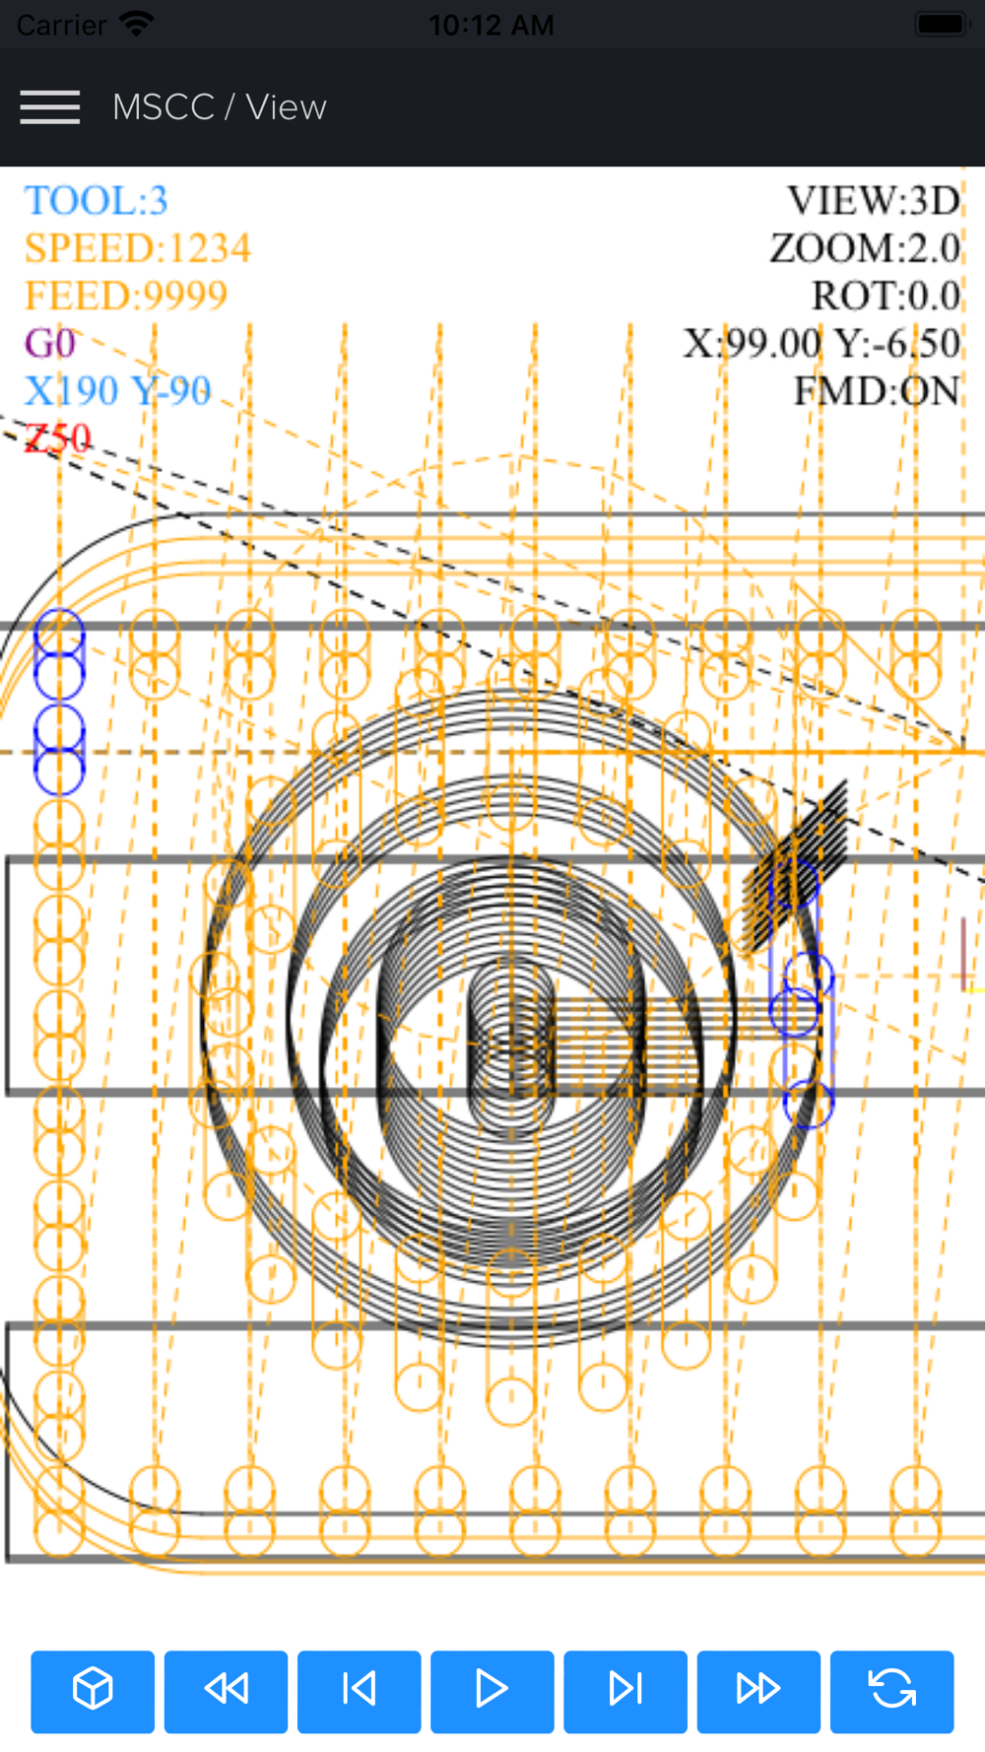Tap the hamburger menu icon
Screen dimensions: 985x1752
[x=49, y=106]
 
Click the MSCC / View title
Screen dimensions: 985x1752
[x=219, y=106]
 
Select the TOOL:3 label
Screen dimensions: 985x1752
[x=97, y=201]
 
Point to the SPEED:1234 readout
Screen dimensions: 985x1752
[x=138, y=248]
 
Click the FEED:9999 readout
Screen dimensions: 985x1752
[x=126, y=296]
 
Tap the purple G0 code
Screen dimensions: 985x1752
[x=50, y=343]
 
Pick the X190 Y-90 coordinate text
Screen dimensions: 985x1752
[x=118, y=390]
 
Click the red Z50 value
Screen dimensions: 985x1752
[x=58, y=438]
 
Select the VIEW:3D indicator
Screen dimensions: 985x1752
[x=874, y=201]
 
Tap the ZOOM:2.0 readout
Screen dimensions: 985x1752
[x=865, y=248]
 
